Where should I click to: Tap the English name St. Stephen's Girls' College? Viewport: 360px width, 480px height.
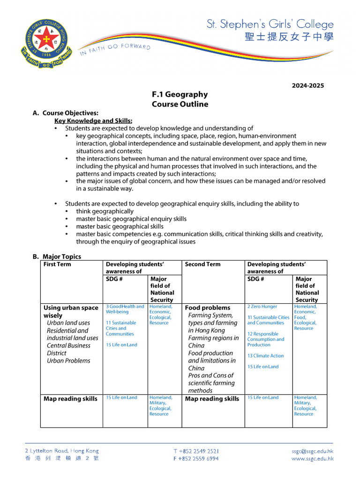(270, 24)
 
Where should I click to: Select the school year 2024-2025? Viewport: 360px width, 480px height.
(307, 86)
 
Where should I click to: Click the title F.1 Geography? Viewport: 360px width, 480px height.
(180, 95)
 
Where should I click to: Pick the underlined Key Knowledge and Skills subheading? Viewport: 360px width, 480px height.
(93, 120)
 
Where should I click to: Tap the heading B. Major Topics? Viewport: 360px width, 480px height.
(57, 256)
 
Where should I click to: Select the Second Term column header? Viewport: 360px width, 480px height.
(202, 264)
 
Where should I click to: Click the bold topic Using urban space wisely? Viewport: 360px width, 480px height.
(71, 312)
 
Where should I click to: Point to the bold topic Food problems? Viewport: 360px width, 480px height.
(208, 308)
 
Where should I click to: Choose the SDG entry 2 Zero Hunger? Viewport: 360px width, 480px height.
(262, 307)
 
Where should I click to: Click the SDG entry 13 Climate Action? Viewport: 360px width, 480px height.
(265, 356)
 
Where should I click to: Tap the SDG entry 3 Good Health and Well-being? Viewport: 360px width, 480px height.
(125, 309)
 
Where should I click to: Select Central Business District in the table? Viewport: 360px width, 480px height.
(68, 349)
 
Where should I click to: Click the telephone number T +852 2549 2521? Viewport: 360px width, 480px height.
(196, 451)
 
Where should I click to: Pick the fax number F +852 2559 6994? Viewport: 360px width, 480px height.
(196, 459)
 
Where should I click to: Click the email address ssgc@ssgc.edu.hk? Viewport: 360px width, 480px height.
(312, 451)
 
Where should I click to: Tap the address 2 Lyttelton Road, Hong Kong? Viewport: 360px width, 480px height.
(62, 451)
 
